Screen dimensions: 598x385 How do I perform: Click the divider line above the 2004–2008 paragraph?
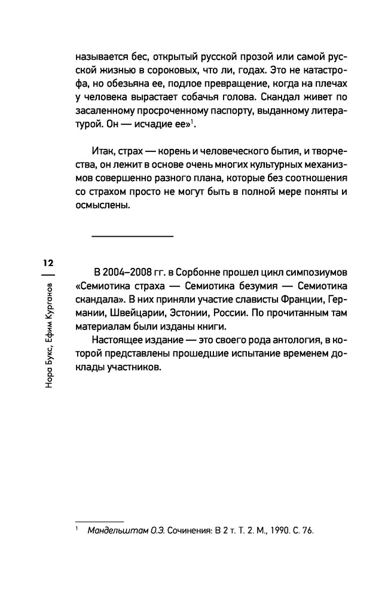(132, 236)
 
